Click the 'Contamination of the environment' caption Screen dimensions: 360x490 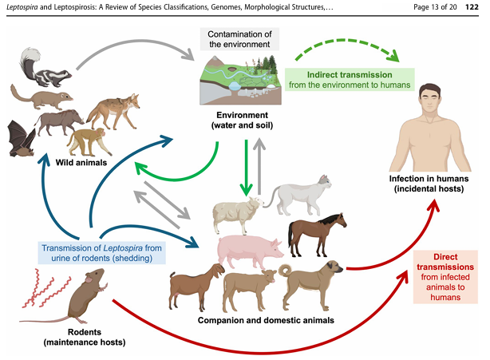tap(239, 39)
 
